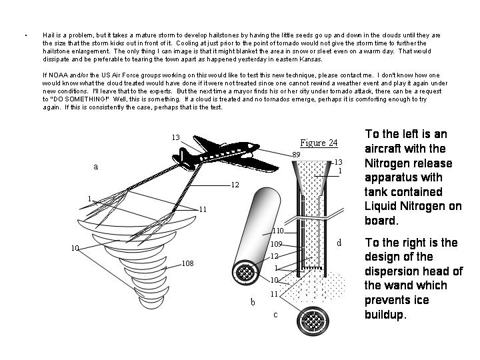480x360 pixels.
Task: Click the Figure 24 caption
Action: click(319, 143)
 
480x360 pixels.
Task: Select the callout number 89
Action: click(295, 155)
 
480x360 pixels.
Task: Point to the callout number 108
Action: click(187, 263)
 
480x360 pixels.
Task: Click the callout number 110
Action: click(277, 231)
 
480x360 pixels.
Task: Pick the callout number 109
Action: click(277, 244)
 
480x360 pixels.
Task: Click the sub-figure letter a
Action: click(95, 167)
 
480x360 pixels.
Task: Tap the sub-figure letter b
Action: click(253, 303)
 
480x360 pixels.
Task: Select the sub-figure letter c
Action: click(275, 315)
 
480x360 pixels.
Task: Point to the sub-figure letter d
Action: click(339, 243)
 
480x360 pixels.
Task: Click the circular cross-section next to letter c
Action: click(313, 321)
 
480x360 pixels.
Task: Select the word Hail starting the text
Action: click(48, 34)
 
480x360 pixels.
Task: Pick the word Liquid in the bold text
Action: click(382, 206)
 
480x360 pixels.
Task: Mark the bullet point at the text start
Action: click(25, 35)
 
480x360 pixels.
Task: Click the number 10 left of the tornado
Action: click(75, 248)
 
